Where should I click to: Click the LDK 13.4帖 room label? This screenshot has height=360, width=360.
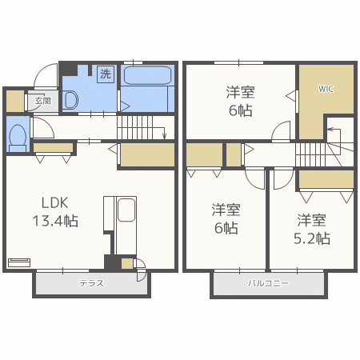click(x=55, y=212)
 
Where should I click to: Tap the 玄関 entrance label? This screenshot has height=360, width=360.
click(x=42, y=101)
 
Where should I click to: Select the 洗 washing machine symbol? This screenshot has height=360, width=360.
click(x=106, y=74)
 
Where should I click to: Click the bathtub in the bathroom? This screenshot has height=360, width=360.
click(x=148, y=75)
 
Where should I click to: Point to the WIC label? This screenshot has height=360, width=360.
click(x=326, y=89)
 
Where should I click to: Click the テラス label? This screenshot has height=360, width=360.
click(x=91, y=283)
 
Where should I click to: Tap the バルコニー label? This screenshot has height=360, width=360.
click(x=268, y=283)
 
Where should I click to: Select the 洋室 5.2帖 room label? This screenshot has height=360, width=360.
click(x=312, y=230)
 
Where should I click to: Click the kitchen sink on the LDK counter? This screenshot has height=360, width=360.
click(x=126, y=210)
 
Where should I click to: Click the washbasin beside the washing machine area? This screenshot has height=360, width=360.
click(x=70, y=100)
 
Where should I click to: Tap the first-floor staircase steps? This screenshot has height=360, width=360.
click(x=135, y=127)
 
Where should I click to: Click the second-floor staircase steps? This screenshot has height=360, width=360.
click(x=310, y=154)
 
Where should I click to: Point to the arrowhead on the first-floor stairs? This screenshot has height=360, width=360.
click(x=164, y=136)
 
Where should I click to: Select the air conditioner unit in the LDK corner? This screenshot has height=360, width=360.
click(x=19, y=262)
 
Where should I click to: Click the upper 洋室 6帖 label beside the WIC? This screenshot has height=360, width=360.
click(x=240, y=102)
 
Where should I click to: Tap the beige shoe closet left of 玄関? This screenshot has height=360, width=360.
click(x=15, y=101)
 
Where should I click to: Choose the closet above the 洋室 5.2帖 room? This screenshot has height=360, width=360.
click(x=326, y=179)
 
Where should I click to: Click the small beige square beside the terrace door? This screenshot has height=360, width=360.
click(x=127, y=263)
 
